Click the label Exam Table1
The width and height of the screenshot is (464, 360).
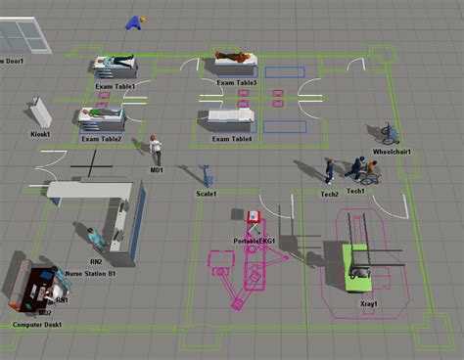click(115, 87)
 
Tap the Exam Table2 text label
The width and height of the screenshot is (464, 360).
click(102, 139)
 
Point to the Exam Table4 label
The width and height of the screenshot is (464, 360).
click(229, 139)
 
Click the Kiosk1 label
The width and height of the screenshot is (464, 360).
click(40, 133)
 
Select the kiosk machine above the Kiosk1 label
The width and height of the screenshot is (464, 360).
click(39, 111)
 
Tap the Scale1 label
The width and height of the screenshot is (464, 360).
click(207, 194)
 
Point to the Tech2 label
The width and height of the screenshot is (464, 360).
click(330, 194)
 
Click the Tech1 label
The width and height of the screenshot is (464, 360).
click(355, 192)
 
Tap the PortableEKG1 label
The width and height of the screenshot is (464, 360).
click(255, 241)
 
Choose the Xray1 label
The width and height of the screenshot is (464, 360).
click(369, 305)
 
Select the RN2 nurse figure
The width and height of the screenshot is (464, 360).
click(92, 238)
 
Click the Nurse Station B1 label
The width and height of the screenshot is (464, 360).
click(90, 274)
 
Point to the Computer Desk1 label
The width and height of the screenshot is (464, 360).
click(37, 325)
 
